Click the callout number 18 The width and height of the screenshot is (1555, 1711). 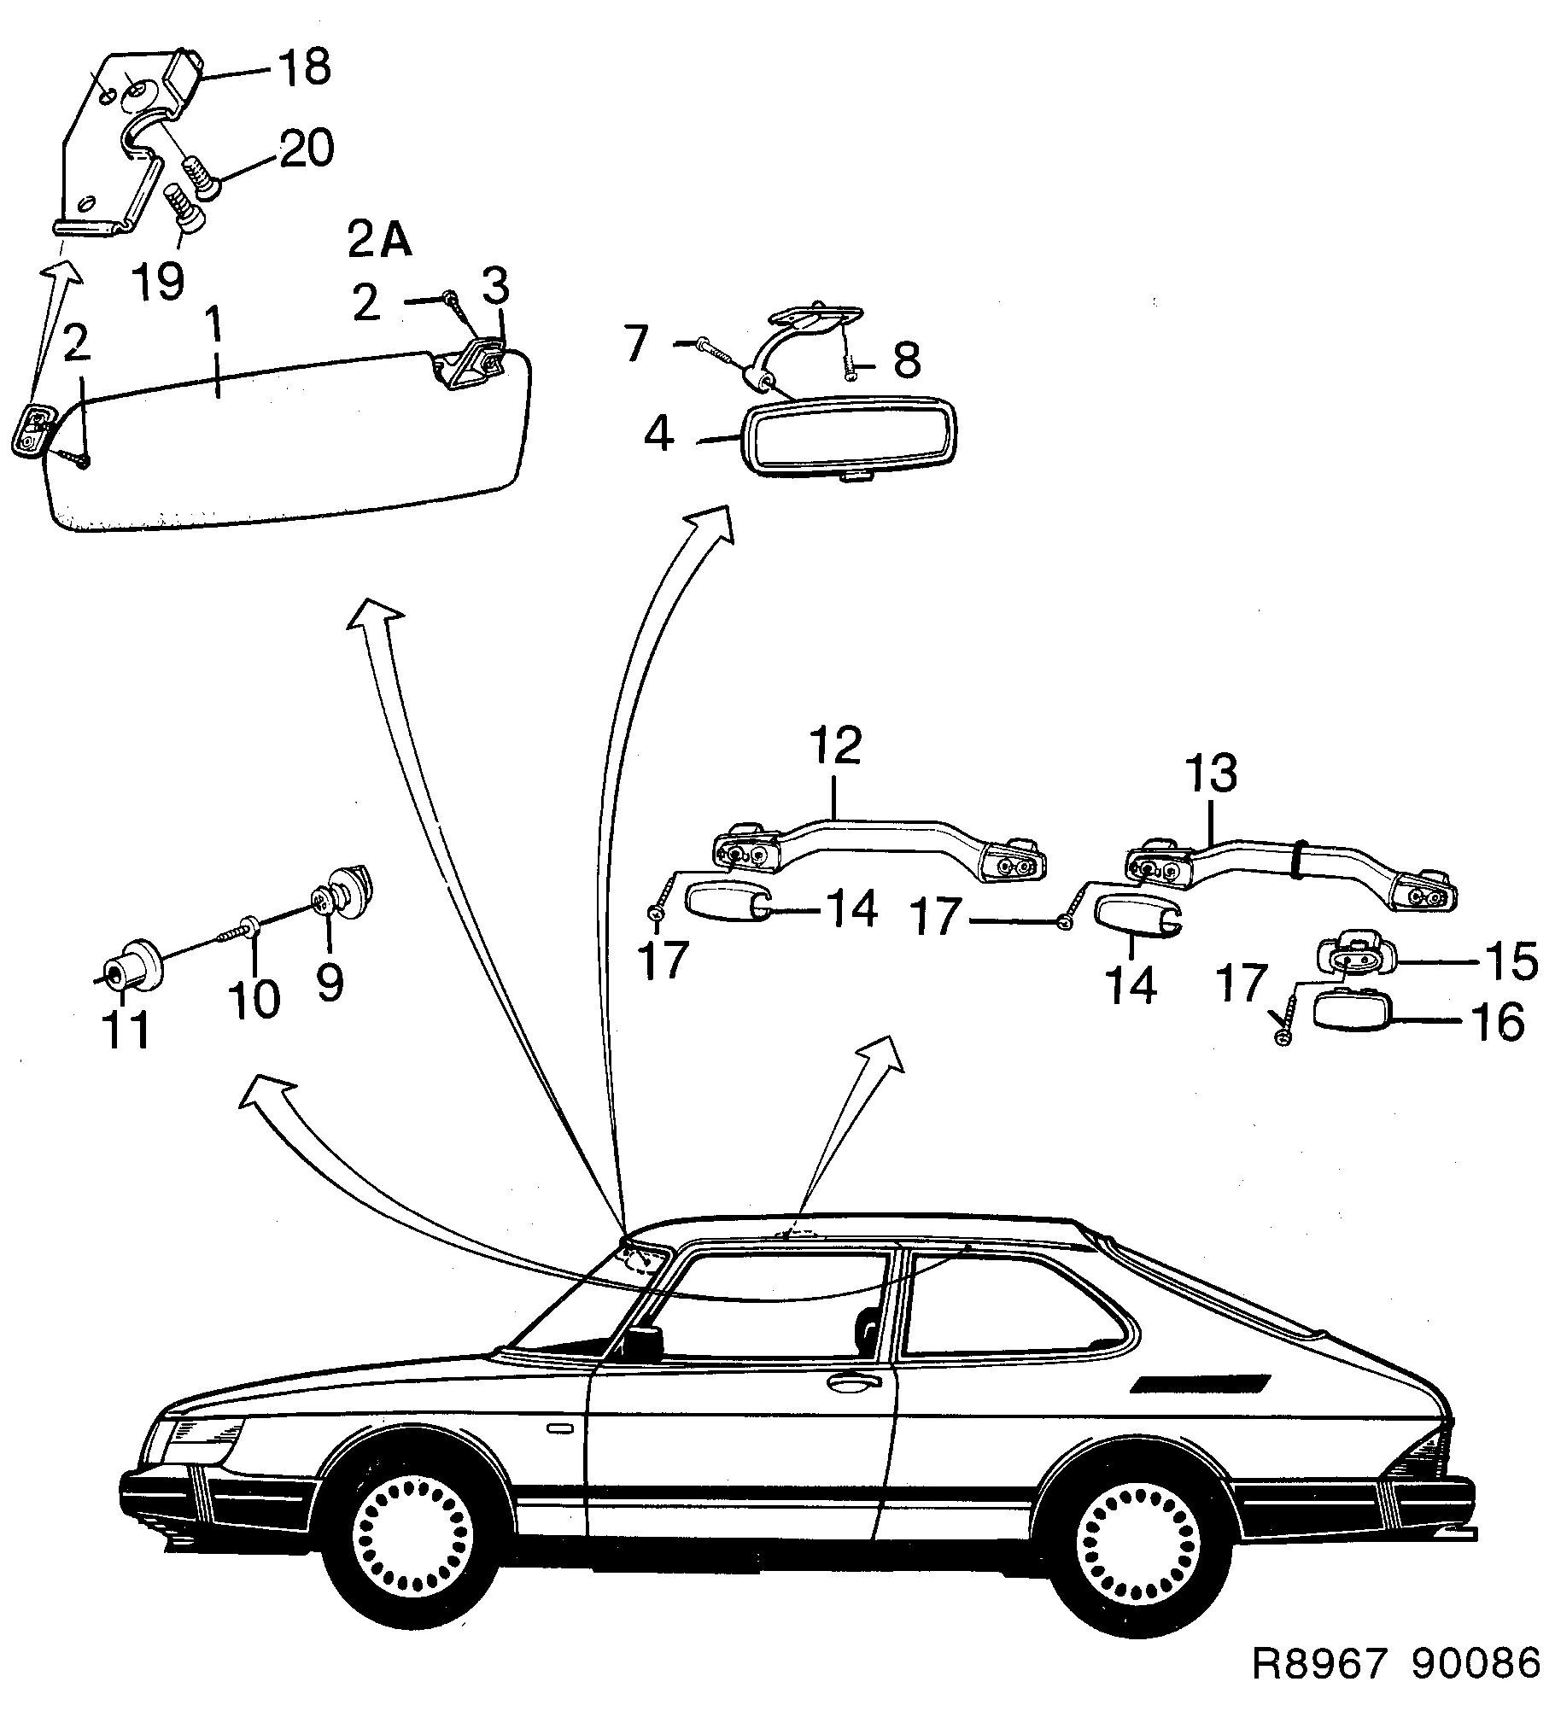click(x=304, y=67)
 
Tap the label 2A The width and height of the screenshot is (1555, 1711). click(x=379, y=242)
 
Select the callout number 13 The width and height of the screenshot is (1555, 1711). click(x=1211, y=774)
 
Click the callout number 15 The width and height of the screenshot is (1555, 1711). click(x=1511, y=961)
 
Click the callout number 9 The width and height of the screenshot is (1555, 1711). click(x=330, y=983)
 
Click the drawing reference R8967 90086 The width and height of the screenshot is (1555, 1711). click(x=1395, y=1663)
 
